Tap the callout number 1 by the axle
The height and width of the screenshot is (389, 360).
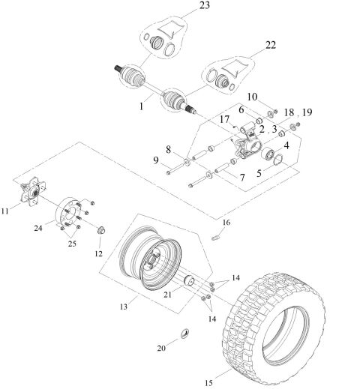tap(139, 107)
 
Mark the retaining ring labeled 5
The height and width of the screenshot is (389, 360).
tap(274, 159)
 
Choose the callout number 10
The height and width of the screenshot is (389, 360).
tap(252, 97)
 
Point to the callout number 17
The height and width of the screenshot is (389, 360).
tap(224, 118)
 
